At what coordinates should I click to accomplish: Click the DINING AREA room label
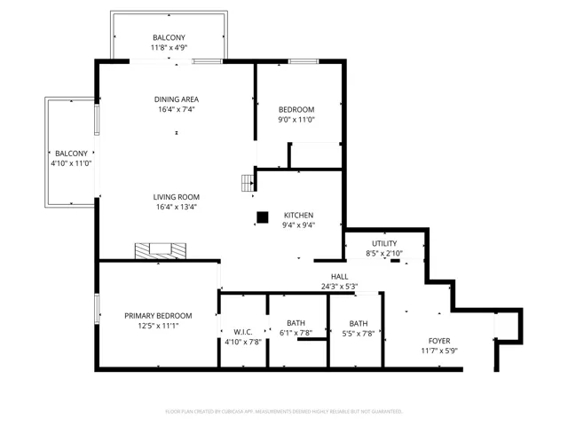[x=177, y=99]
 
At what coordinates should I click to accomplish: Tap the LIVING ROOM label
[x=176, y=197]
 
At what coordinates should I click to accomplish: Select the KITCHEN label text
[x=298, y=215]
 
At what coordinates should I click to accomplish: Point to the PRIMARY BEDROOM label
[x=158, y=316]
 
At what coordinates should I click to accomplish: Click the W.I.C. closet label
[x=243, y=332]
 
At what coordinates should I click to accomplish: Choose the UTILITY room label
[x=384, y=243]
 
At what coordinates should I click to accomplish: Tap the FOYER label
[x=439, y=341]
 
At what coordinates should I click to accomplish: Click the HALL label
[x=339, y=277]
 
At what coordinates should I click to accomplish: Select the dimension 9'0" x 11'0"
[x=296, y=120]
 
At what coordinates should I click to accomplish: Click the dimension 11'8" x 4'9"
[x=169, y=47]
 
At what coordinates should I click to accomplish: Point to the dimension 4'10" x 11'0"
[x=71, y=163]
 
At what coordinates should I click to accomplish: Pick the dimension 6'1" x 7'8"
[x=296, y=333]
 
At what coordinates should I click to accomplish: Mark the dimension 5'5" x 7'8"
[x=359, y=334]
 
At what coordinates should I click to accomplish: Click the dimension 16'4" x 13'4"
[x=177, y=207]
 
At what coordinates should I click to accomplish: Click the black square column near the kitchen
[x=263, y=217]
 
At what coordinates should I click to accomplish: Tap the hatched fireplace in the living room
[x=161, y=251]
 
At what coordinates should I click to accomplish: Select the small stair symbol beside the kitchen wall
[x=248, y=184]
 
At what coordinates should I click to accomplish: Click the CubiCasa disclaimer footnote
[x=284, y=412]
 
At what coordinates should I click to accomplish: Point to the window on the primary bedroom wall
[x=97, y=309]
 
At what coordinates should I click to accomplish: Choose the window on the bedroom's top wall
[x=304, y=61]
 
